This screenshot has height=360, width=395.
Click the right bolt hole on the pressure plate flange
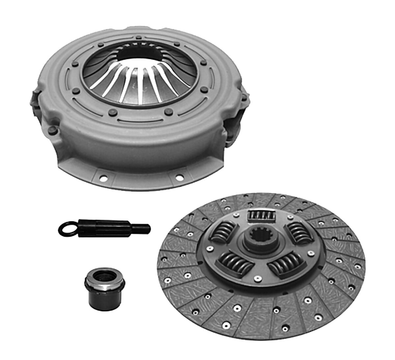[x=179, y=178]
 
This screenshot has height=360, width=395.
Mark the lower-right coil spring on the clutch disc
[x=286, y=262]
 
